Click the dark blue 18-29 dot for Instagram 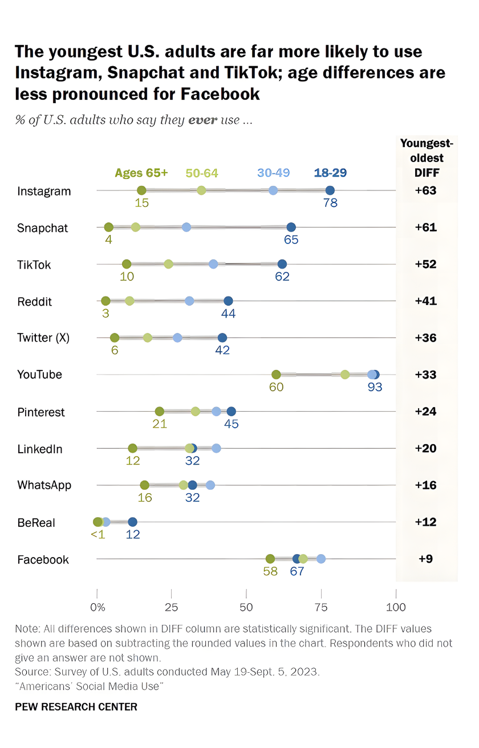click(x=330, y=190)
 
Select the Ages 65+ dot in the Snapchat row click(x=109, y=227)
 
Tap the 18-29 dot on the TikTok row click(x=282, y=264)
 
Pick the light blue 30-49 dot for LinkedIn click(x=216, y=448)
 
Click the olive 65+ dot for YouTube click(x=276, y=375)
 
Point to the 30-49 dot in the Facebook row click(x=321, y=559)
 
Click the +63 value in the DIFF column click(x=425, y=190)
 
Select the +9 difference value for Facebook click(x=425, y=559)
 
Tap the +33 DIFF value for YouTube click(x=425, y=375)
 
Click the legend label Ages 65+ click(x=141, y=173)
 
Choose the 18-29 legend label click(x=330, y=173)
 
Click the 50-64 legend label click(x=202, y=173)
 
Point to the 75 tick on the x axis click(x=320, y=607)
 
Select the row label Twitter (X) click(x=43, y=338)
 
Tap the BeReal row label click(x=36, y=522)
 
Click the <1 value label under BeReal click(x=98, y=535)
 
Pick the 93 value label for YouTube click(x=375, y=387)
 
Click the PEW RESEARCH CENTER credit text click(x=76, y=707)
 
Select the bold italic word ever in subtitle click(x=202, y=121)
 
